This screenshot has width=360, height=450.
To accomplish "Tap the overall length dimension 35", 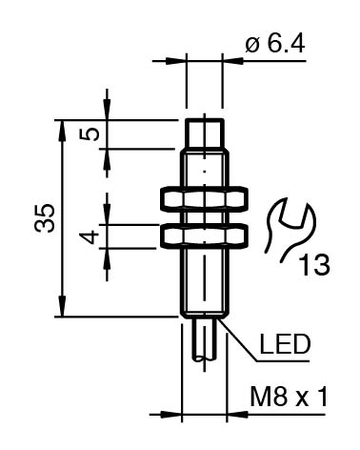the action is pos(45,218).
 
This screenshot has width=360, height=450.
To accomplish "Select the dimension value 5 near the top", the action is pos(90,134).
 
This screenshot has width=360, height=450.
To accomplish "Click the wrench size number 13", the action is pos(314,264).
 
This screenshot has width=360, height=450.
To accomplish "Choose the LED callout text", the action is pos(285,344).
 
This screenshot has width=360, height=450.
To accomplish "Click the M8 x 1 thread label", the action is pos(289,397).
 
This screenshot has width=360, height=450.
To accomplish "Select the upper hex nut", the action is pos(205,199).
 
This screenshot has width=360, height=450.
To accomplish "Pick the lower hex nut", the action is pos(205,235).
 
